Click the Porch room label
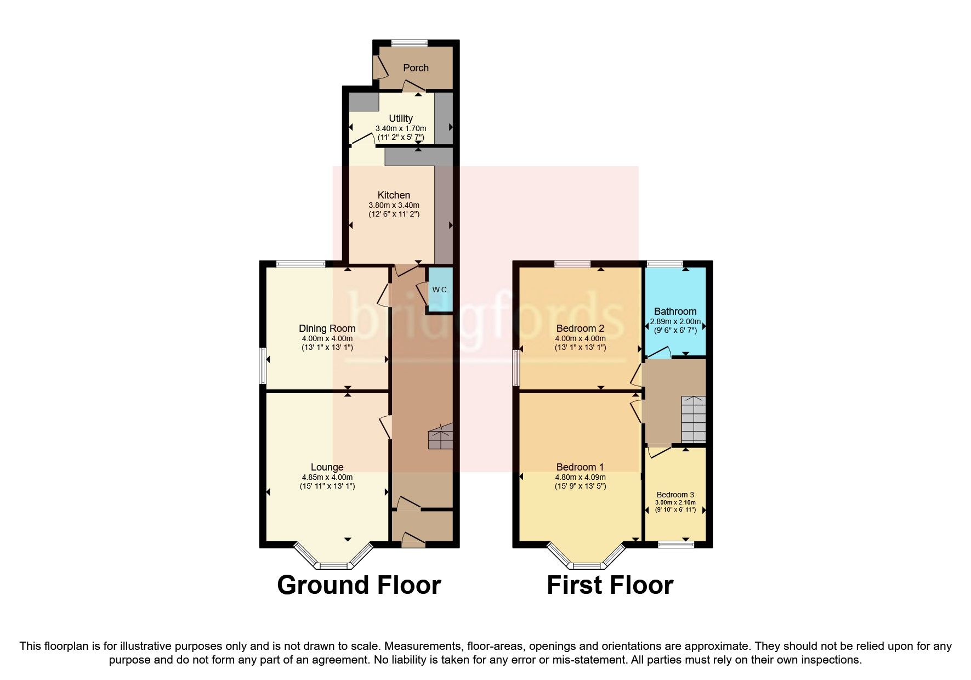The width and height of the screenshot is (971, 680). click(x=416, y=68)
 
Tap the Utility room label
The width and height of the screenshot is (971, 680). click(x=400, y=118)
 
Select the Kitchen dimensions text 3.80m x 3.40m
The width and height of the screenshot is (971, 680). click(x=394, y=205)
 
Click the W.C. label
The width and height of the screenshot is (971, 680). click(x=440, y=290)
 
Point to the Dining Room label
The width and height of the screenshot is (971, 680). click(x=327, y=328)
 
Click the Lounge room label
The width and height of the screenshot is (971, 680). click(x=327, y=467)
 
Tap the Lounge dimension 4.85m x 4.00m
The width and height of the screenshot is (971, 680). click(x=327, y=477)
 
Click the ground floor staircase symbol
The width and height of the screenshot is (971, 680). click(x=440, y=437)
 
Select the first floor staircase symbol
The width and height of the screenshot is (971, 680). click(x=693, y=420)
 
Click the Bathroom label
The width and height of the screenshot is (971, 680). click(x=675, y=311)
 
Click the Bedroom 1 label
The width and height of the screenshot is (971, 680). click(x=580, y=467)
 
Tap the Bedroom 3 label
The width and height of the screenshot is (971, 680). click(x=675, y=495)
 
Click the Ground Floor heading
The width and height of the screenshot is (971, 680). click(x=359, y=585)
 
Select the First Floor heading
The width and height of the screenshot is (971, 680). click(x=610, y=585)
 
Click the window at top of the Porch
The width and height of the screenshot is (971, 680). click(x=410, y=43)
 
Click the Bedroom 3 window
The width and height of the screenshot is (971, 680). click(x=675, y=545)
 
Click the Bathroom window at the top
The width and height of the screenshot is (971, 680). click(x=665, y=264)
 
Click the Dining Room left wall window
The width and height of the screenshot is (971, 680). click(x=263, y=366)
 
